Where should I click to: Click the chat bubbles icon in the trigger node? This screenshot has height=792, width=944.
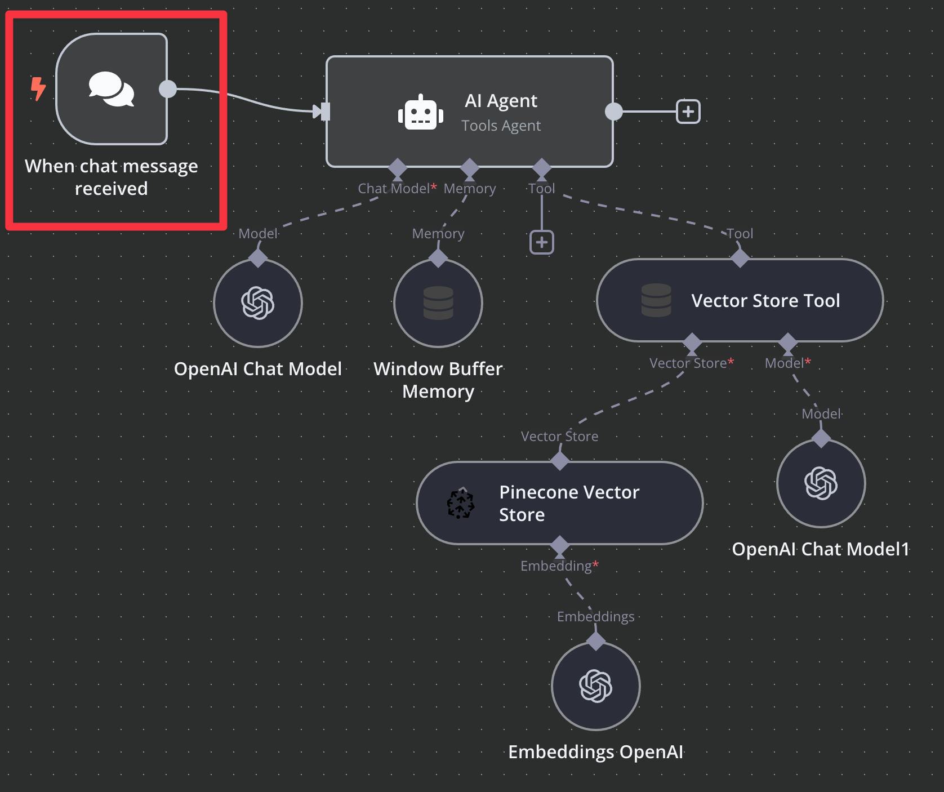click(112, 89)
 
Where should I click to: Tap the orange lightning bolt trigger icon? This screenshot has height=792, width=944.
click(38, 89)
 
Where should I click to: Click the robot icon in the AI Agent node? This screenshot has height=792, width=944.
click(420, 112)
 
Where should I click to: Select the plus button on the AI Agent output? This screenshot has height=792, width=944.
click(688, 112)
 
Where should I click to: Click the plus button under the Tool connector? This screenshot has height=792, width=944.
click(542, 243)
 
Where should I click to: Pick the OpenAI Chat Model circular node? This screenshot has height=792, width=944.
click(258, 303)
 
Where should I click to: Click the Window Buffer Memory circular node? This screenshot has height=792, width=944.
click(438, 303)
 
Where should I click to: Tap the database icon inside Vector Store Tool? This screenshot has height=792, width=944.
click(656, 300)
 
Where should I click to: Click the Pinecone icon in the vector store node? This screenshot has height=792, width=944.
click(461, 503)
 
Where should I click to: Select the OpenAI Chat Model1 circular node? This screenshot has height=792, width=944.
click(821, 483)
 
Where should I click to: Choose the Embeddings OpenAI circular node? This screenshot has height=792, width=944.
click(596, 686)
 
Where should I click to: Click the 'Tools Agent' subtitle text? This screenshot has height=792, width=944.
click(501, 126)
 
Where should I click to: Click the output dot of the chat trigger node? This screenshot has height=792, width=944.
click(168, 89)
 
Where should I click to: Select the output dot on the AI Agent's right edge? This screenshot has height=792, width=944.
click(613, 112)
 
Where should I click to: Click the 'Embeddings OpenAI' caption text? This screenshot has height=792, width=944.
click(596, 752)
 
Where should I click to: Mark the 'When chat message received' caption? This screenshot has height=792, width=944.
click(112, 177)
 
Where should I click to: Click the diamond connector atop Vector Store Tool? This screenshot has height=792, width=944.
click(740, 258)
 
